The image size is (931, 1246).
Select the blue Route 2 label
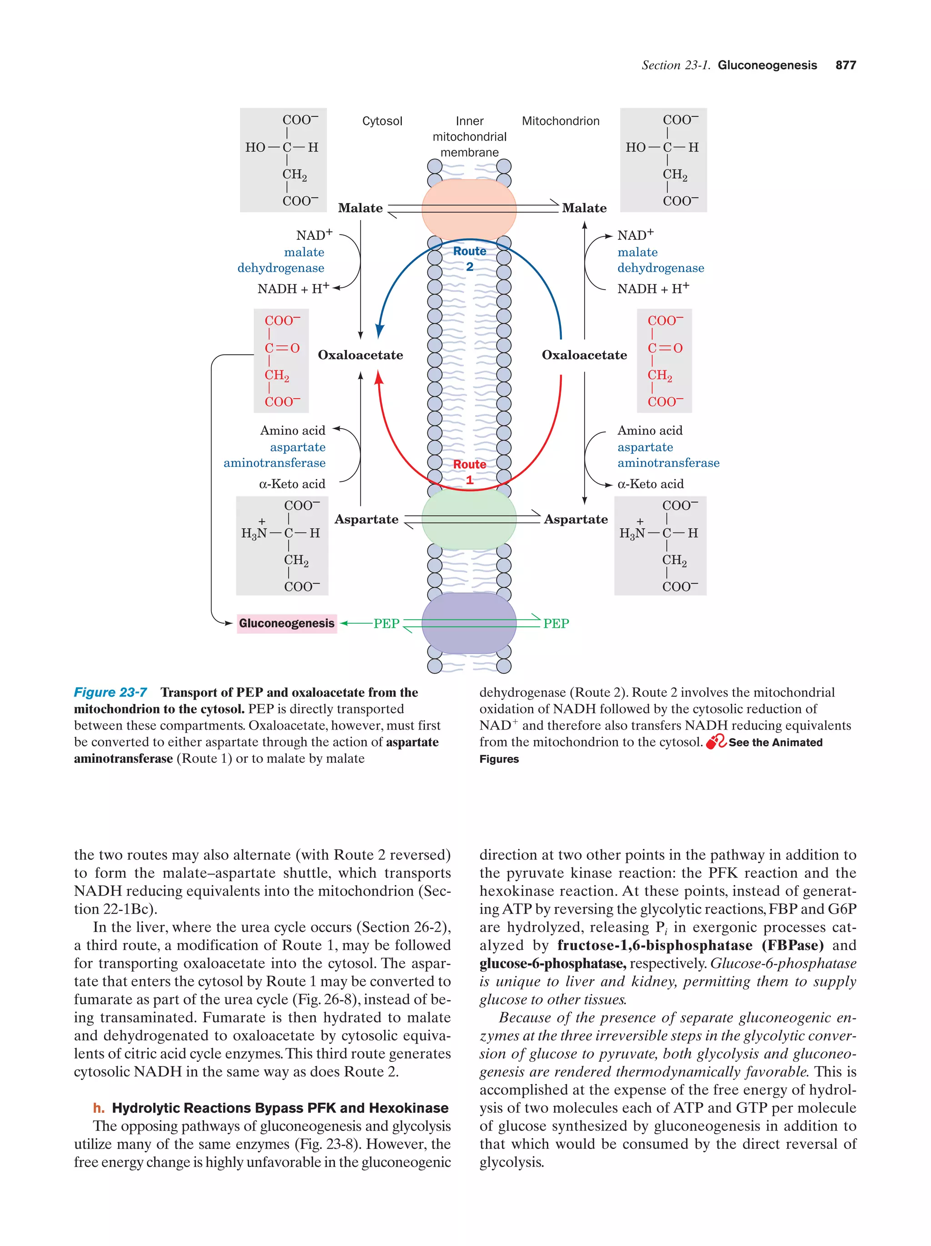pos(469,259)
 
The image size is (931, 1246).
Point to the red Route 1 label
pos(469,472)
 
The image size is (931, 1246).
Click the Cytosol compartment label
pos(382,121)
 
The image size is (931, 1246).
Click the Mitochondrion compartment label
pos(560,121)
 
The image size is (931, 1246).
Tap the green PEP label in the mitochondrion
pos(556,624)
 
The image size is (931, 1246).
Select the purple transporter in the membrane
pos(469,623)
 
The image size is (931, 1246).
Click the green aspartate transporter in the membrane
pos(469,519)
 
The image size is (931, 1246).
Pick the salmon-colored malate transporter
pos(469,208)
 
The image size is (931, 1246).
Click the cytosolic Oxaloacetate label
pos(360,355)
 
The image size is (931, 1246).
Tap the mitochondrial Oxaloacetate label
pos(584,355)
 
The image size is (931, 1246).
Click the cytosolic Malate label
pos(360,208)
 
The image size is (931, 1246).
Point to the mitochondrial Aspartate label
pos(576,519)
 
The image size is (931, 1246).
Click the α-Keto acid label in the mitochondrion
pos(650,484)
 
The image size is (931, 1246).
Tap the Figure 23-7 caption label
pos(110,692)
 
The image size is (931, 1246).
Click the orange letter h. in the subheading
pos(99,1107)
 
